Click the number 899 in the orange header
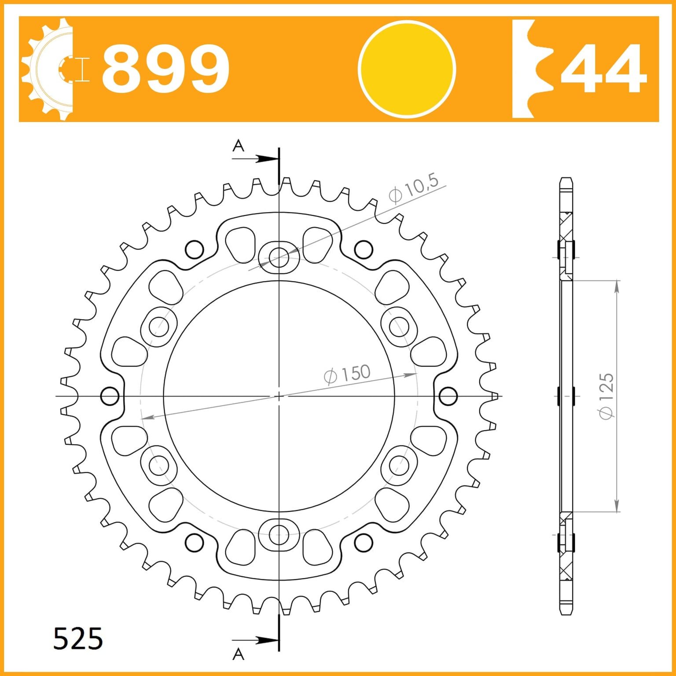point(165,69)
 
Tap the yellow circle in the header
point(407,70)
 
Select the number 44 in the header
point(604,69)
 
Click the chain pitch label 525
point(78,639)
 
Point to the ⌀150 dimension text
point(347,375)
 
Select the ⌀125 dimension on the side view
point(606,396)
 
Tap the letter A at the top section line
point(238,145)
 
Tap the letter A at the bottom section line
point(238,654)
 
